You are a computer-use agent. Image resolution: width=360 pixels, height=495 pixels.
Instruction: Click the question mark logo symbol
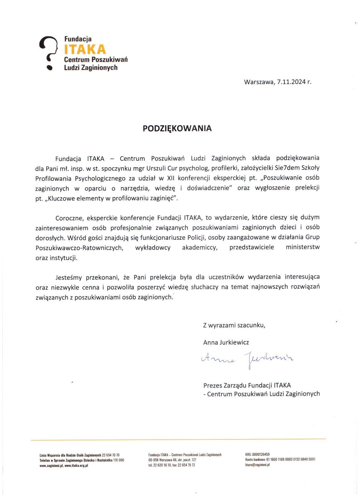pyautogui.click(x=49, y=52)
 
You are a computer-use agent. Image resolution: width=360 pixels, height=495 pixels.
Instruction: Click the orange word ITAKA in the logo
pyautogui.click(x=85, y=49)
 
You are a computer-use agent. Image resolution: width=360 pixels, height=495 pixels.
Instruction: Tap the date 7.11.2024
pyautogui.click(x=291, y=82)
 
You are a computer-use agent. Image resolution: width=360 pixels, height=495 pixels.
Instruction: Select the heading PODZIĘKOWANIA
pyautogui.click(x=177, y=128)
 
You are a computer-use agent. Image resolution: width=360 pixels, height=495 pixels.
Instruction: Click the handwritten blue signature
pyautogui.click(x=247, y=359)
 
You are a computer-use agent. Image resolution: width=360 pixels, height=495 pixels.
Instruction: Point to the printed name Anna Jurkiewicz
pyautogui.click(x=226, y=342)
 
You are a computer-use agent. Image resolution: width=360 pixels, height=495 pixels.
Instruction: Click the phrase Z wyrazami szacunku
pyautogui.click(x=234, y=325)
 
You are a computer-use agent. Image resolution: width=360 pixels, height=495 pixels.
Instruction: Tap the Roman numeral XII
pyautogui.click(x=171, y=178)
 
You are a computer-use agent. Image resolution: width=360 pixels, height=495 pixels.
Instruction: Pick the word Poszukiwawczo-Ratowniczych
pyautogui.click(x=79, y=248)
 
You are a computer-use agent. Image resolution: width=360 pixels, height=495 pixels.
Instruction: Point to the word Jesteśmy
pyautogui.click(x=69, y=278)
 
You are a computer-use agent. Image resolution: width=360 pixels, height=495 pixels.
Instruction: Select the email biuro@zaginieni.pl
pyautogui.click(x=257, y=465)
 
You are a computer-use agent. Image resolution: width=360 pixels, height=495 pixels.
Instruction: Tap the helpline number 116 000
pyautogui.click(x=119, y=460)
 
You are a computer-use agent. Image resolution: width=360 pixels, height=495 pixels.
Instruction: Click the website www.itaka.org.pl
pyautogui.click(x=76, y=466)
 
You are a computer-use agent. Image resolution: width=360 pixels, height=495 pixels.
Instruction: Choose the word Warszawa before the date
pyautogui.click(x=259, y=82)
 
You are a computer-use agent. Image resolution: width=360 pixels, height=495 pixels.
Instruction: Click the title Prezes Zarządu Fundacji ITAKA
pyautogui.click(x=247, y=385)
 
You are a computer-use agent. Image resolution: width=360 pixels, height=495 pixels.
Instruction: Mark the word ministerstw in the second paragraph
pyautogui.click(x=302, y=247)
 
